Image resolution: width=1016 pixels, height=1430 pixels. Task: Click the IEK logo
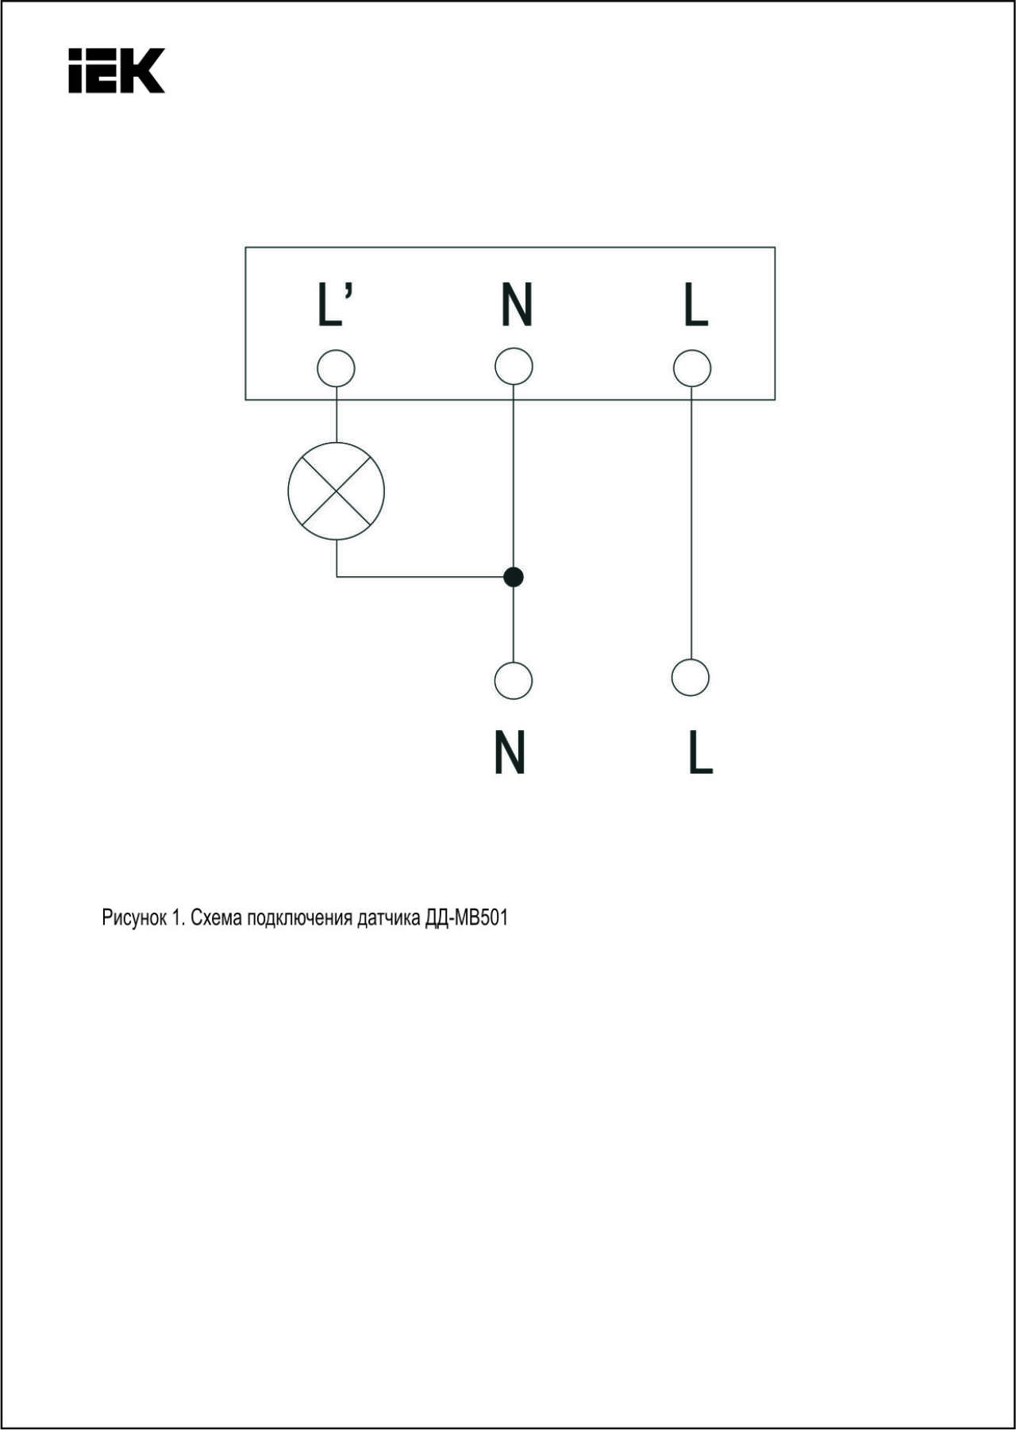(x=116, y=71)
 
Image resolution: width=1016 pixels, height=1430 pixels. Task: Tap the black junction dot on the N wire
(x=514, y=577)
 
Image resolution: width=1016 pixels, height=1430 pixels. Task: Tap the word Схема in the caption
(x=217, y=918)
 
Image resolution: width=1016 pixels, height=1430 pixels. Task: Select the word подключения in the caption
(x=299, y=918)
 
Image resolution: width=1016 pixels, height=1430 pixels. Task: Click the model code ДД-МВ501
(x=466, y=918)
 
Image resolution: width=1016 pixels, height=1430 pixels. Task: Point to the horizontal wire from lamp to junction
(x=425, y=577)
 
